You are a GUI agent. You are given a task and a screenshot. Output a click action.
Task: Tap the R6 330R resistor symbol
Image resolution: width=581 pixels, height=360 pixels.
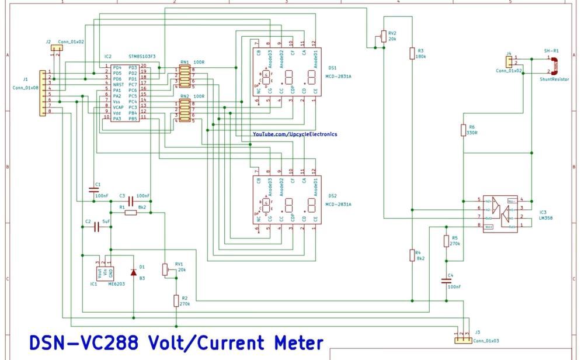pos(464,130)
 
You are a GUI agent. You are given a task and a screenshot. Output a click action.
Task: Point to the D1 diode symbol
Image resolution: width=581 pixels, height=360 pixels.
pos(134,272)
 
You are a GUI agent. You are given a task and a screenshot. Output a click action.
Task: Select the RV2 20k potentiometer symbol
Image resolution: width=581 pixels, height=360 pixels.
pos(383,37)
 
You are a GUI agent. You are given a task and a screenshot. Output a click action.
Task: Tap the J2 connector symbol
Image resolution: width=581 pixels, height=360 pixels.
pos(57,48)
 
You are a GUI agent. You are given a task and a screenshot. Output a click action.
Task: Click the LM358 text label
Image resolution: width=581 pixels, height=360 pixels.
pos(547,217)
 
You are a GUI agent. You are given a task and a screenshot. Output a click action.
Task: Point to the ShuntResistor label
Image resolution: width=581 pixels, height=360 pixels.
pos(555,78)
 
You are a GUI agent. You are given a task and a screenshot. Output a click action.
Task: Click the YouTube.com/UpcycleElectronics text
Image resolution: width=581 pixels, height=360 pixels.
pos(294,134)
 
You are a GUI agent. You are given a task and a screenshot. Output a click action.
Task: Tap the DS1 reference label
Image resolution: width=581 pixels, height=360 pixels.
pos(332,68)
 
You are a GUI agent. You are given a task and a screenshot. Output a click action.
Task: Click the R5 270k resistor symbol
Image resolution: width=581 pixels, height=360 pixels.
pos(447,241)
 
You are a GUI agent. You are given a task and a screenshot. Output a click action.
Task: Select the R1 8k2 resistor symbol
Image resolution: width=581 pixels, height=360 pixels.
pos(130,213)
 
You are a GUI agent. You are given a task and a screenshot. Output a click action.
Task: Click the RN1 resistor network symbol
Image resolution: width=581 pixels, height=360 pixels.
pos(184,78)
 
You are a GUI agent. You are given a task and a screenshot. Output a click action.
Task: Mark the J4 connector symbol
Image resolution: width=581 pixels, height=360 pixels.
pos(509,61)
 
